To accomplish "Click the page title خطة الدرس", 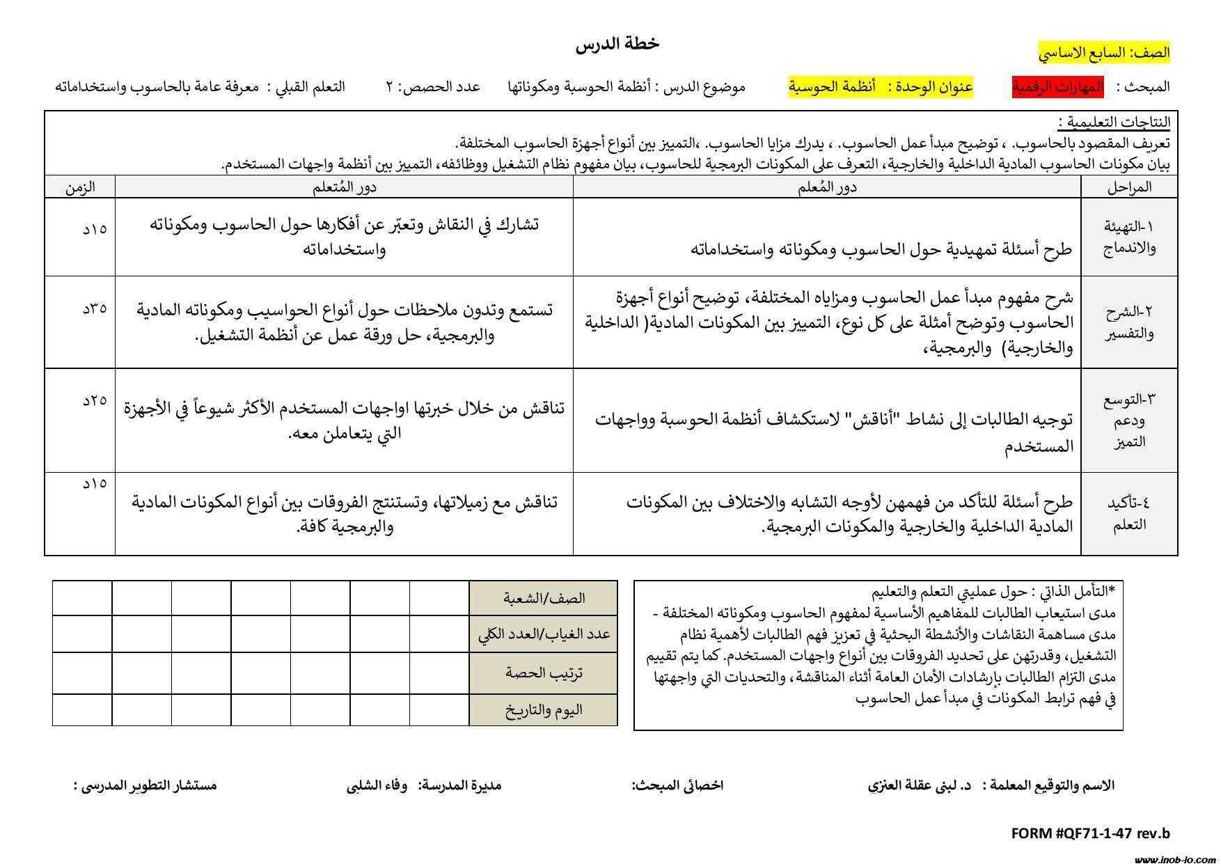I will click(x=617, y=44).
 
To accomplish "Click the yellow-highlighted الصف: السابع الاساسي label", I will click(x=1104, y=52).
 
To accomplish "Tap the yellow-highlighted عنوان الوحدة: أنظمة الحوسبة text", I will click(x=881, y=87).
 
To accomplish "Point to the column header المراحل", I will click(x=1129, y=187).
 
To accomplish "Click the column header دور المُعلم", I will click(x=827, y=187).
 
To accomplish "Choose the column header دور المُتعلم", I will click(x=344, y=187).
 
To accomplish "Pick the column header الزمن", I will click(x=80, y=187).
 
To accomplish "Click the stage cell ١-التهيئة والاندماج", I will click(x=1129, y=237).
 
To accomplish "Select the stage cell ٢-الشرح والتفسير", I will click(x=1129, y=322).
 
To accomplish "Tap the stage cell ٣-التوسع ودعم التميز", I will click(x=1129, y=420).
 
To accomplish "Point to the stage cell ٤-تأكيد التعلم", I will click(x=1129, y=513).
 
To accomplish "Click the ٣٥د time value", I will click(x=94, y=307).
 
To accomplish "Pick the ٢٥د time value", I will click(x=94, y=400).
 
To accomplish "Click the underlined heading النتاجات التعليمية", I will click(x=1114, y=123).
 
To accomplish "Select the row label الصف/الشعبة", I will click(x=544, y=598).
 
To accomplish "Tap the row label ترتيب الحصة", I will click(x=544, y=673).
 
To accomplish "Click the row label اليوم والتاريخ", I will click(x=544, y=710).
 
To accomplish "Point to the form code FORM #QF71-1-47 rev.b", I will click(x=1090, y=833).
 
